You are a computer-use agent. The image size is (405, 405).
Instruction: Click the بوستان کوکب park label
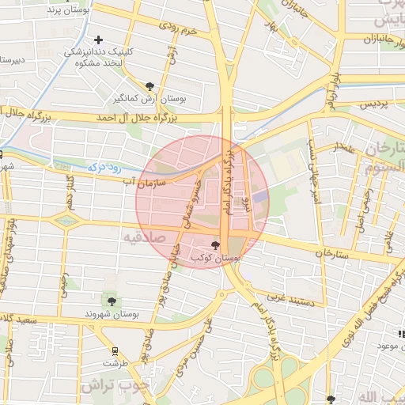pyautogui.click(x=216, y=259)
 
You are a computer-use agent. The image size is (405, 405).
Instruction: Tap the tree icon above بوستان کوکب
pyautogui.click(x=216, y=246)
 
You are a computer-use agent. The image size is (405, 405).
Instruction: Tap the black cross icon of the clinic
pyautogui.click(x=98, y=40)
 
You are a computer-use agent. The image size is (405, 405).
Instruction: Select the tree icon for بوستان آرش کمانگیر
pyautogui.click(x=150, y=85)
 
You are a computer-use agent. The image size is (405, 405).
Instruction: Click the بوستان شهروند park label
pyautogui.click(x=110, y=314)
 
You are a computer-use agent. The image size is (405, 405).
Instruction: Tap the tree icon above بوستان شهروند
pyautogui.click(x=111, y=301)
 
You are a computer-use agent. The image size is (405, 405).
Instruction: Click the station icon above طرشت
pyautogui.click(x=115, y=350)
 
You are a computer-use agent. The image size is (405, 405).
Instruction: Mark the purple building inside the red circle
pyautogui.click(x=261, y=197)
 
